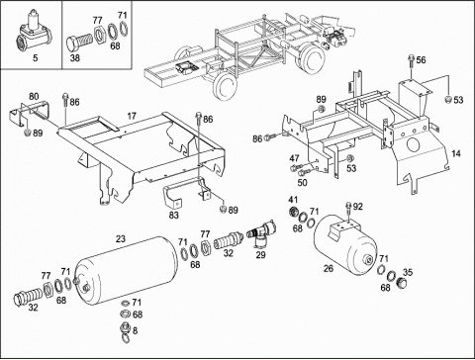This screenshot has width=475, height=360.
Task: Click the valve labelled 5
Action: pos(33,34)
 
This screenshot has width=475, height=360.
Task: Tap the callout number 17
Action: pos(132,116)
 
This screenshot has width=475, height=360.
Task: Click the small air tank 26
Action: pos(344,245)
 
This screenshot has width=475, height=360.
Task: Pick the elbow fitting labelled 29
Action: pos(261,233)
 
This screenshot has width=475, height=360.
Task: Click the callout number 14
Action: pos(456,153)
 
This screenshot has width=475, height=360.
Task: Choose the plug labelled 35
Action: pos(402,282)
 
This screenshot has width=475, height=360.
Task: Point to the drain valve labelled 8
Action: pos(125,330)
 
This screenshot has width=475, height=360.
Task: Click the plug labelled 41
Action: pos(292,212)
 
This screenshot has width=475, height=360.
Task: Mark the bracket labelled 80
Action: pos(29,112)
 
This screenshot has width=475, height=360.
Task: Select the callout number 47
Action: pos(294,158)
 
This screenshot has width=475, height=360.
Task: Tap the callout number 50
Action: pos(302,182)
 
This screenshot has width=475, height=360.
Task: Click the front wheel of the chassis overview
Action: pos(226,86)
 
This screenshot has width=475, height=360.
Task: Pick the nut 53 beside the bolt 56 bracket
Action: pos(448,100)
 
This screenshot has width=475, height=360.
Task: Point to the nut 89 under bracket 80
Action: pos(28,133)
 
